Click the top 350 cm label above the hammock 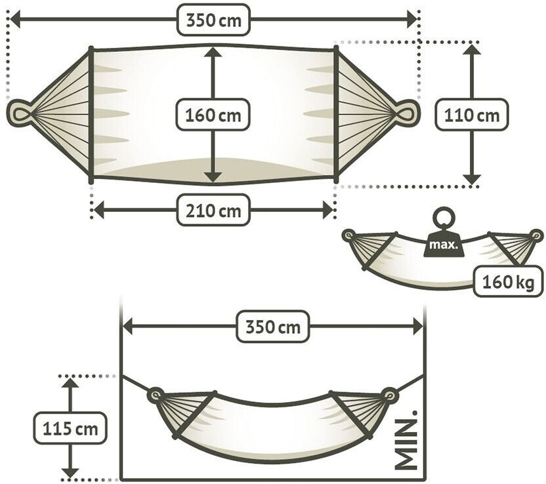click(x=214, y=20)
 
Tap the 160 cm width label click(x=213, y=115)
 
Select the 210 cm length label click(x=213, y=211)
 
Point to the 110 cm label click(x=471, y=115)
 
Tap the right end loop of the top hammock click(x=408, y=112)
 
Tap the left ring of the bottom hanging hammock click(x=156, y=395)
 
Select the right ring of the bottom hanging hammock click(x=388, y=395)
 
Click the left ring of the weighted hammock click(x=349, y=234)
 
